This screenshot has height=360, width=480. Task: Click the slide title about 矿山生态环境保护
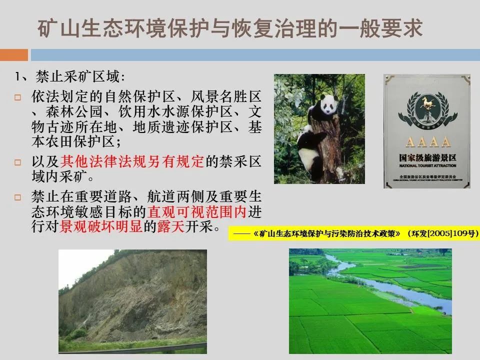click(230, 29)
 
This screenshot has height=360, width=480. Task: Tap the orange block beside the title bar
click(13, 54)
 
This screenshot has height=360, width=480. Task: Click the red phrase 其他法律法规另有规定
click(132, 161)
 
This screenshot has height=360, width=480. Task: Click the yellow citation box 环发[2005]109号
click(353, 233)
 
